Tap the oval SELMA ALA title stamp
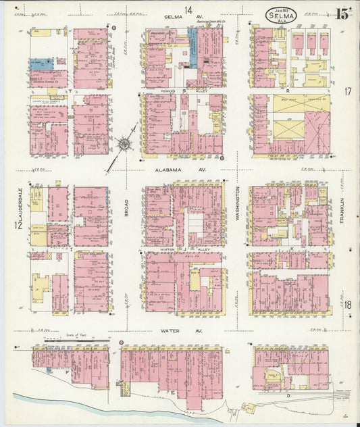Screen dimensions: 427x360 click(278, 14)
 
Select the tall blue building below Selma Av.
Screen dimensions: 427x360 click(193, 53)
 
